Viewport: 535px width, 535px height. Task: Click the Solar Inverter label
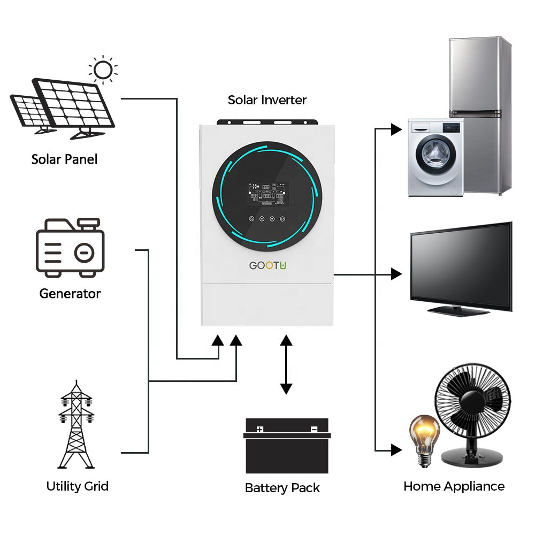pos(267,100)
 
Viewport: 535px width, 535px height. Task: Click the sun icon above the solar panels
pos(103,70)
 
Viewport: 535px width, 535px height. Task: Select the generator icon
pos(70,247)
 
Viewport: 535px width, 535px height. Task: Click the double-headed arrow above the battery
pos(286,364)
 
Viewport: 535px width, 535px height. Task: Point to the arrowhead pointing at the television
pos(396,274)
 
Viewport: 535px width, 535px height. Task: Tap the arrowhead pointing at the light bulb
pos(396,450)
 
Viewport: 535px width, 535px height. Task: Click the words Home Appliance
pos(454,486)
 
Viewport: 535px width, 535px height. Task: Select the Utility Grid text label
pos(77,486)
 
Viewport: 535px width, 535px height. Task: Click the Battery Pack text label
pos(282,487)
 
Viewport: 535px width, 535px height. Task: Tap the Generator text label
pos(70,293)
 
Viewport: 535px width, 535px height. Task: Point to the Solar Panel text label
pos(64,159)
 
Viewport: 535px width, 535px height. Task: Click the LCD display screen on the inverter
pos(267,194)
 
